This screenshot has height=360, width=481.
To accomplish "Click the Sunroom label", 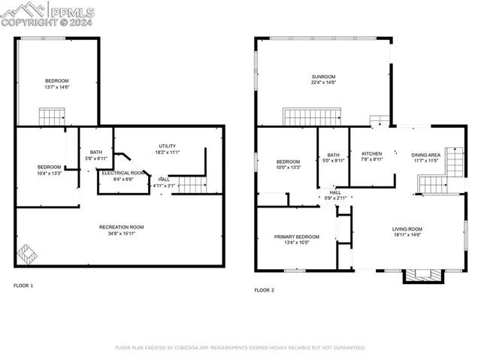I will tap(323, 77).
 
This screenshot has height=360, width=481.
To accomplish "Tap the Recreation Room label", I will tap(121, 227).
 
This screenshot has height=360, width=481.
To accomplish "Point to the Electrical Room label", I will tap(123, 173).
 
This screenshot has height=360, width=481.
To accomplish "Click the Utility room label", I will tap(168, 146).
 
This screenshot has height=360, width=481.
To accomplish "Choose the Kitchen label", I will tap(371, 153).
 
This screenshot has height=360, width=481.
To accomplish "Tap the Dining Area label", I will tap(425, 153).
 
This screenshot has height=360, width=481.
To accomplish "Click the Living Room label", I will tap(407, 229).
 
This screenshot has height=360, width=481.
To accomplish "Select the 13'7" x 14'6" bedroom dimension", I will tap(56, 88).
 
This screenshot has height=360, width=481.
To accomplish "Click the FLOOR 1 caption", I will tap(23, 286).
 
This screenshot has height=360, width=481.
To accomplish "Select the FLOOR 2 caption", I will tap(264, 290).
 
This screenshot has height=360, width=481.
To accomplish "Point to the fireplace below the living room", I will tap(420, 276).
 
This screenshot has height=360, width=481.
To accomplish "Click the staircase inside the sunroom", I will tap(312, 116).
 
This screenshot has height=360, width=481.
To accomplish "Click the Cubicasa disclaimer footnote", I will tap(240, 348).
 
